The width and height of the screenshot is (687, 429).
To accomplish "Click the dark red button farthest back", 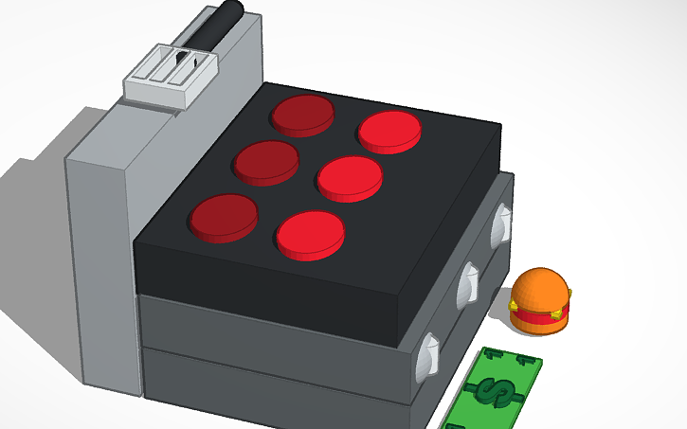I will point(302,113).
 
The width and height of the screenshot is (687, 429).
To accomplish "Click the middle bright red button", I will point(350,176).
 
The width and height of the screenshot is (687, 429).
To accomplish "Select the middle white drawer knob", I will point(468,284).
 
